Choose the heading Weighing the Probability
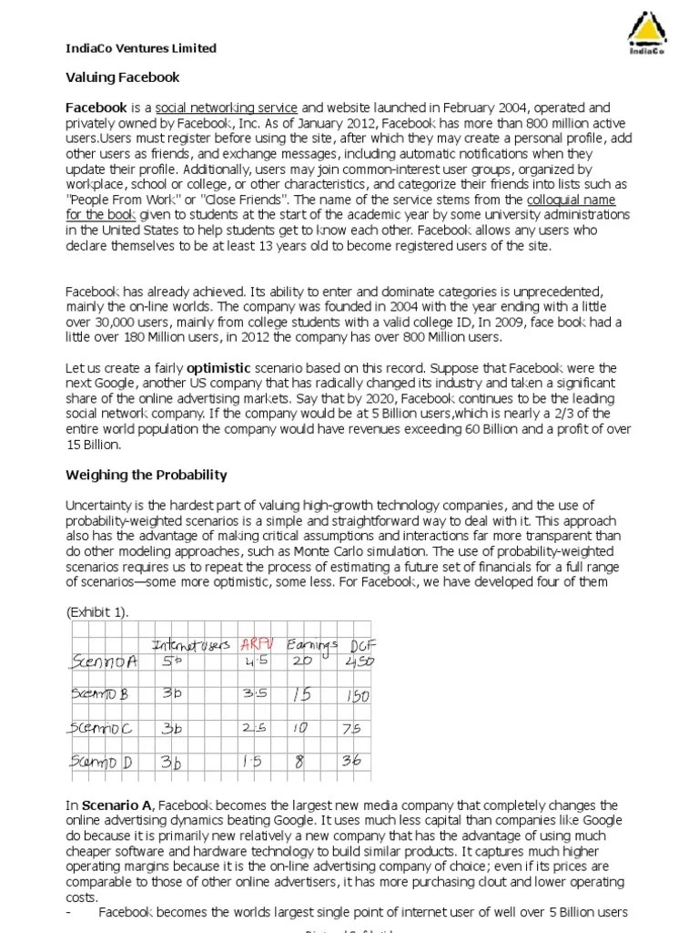click(x=147, y=476)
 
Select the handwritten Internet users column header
click(x=190, y=646)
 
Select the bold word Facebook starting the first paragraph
click(x=96, y=108)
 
